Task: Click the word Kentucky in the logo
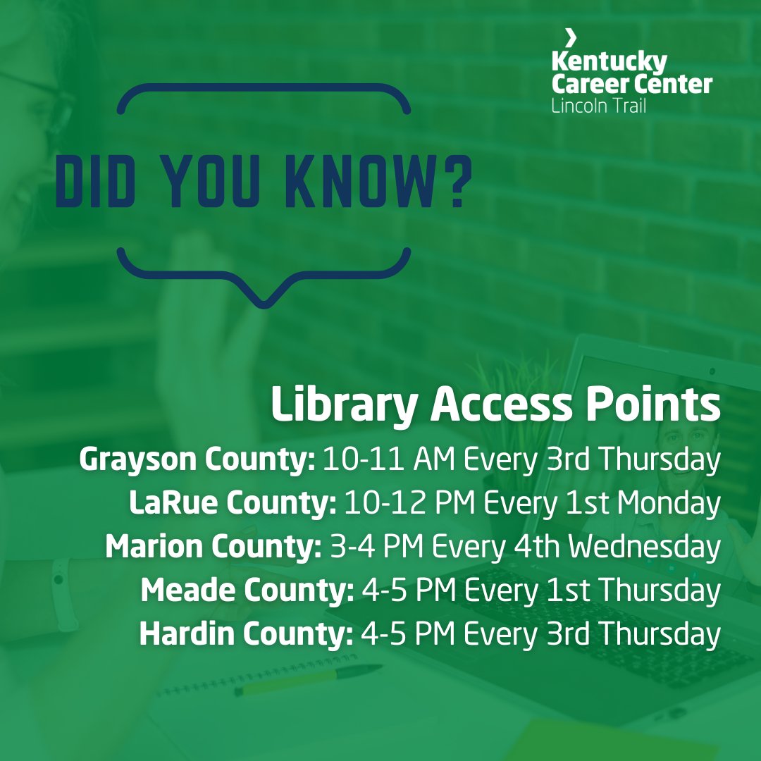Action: coord(609,62)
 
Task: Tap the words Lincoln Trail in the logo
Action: coord(599,106)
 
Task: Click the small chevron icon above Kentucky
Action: coord(571,37)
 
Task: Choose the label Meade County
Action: coord(247,590)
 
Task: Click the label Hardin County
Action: coord(246,634)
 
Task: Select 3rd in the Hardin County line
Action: coord(567,634)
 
